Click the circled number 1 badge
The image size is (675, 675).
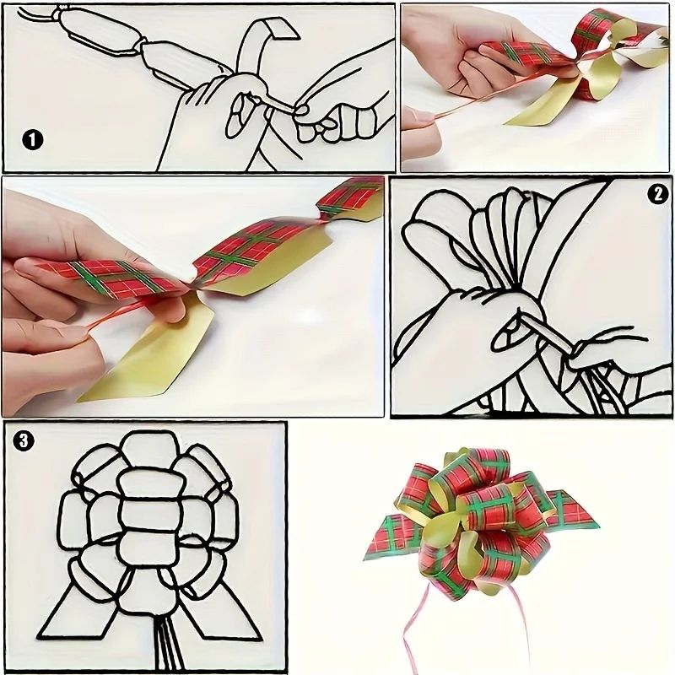(x=32, y=140)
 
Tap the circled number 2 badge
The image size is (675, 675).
(x=657, y=194)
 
